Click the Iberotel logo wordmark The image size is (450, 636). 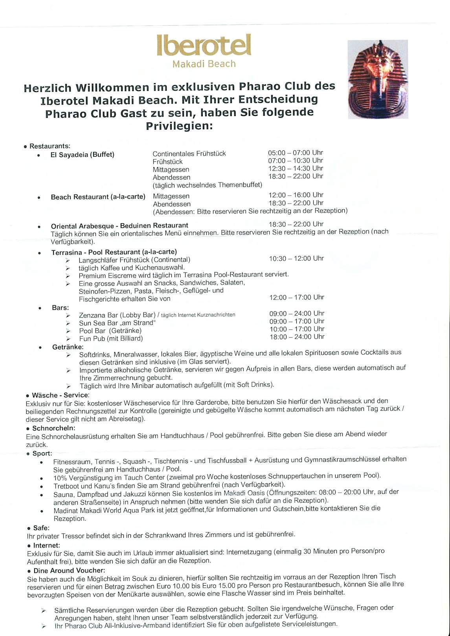pyautogui.click(x=204, y=46)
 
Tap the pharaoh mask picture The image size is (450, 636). pyautogui.click(x=378, y=79)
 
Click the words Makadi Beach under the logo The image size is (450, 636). pyautogui.click(x=204, y=64)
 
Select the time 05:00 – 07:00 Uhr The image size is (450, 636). pyautogui.click(x=296, y=153)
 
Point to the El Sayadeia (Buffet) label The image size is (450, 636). pyautogui.click(x=82, y=155)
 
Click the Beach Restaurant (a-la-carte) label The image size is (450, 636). pyautogui.click(x=98, y=197)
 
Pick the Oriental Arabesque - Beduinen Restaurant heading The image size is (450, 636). pyautogui.click(x=119, y=226)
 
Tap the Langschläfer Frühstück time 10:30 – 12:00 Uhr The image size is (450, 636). pyautogui.click(x=296, y=258)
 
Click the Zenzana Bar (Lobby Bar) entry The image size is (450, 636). pyautogui.click(x=117, y=315)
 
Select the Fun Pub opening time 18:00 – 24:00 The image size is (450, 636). pyautogui.click(x=297, y=337)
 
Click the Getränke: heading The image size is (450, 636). pyautogui.click(x=68, y=347)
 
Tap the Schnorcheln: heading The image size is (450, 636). pyautogui.click(x=53, y=428)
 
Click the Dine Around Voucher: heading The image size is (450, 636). pyautogui.click(x=69, y=570)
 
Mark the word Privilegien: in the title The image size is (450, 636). pyautogui.click(x=179, y=126)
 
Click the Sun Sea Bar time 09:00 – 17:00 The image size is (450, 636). pyautogui.click(x=297, y=321)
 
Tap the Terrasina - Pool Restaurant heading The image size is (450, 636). pyautogui.click(x=114, y=252)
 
